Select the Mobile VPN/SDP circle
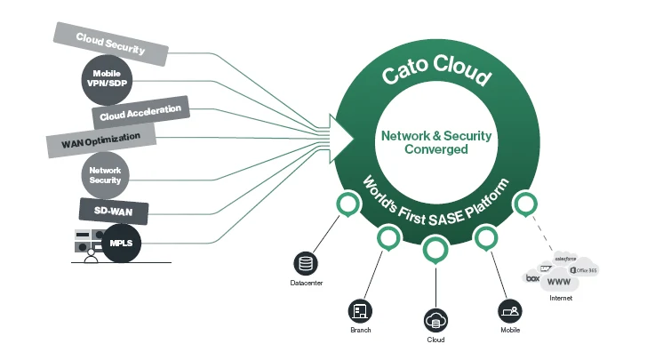tap(107, 78)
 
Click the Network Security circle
tap(106, 174)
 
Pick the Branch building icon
tap(360, 310)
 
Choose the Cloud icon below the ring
tap(435, 319)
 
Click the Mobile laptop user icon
tap(509, 310)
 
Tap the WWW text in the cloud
tap(559, 282)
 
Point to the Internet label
tap(561, 299)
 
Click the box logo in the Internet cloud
tap(533, 278)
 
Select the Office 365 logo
tap(583, 269)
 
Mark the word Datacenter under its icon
tap(307, 284)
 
